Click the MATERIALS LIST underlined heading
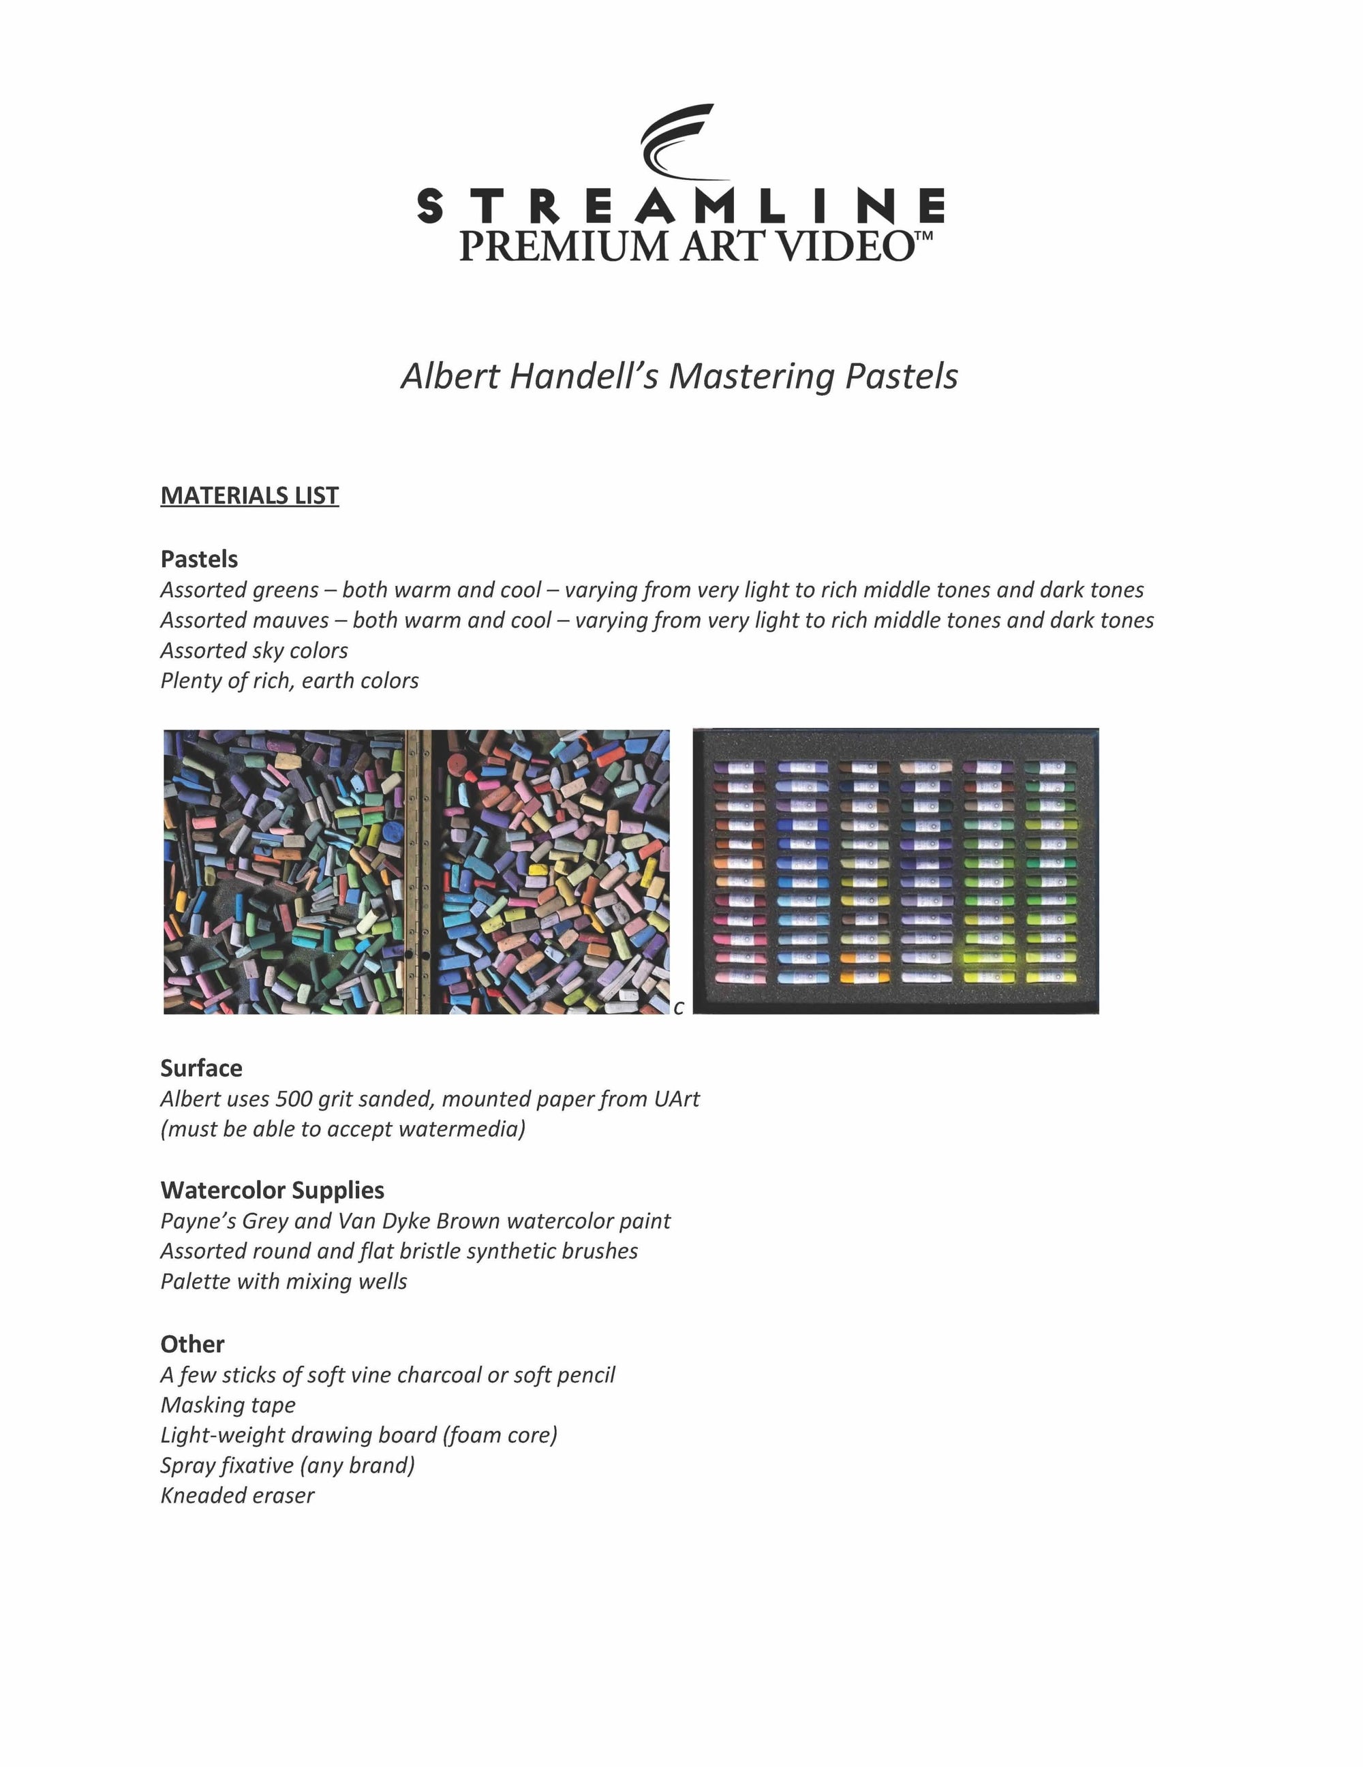click(x=249, y=495)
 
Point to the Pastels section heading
click(x=199, y=559)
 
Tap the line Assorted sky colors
click(x=254, y=651)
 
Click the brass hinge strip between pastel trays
click(x=416, y=872)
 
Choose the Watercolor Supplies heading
click(x=272, y=1190)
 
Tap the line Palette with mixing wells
click(x=283, y=1282)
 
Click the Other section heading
click(x=192, y=1344)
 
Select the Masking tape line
click(x=228, y=1405)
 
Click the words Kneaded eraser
click(x=237, y=1495)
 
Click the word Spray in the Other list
click(x=185, y=1465)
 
